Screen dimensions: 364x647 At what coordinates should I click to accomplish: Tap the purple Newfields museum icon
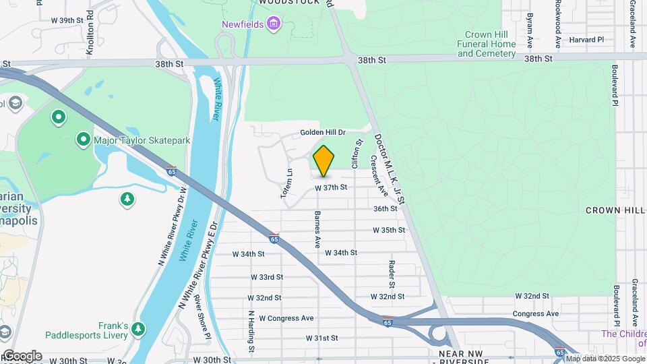273,25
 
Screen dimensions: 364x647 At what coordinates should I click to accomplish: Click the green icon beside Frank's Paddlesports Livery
138,328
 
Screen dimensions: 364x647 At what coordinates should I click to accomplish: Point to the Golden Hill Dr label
323,133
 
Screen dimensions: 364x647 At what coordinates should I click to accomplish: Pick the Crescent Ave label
379,176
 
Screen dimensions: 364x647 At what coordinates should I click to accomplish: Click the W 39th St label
67,20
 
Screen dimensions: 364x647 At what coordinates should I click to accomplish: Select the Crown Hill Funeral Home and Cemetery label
491,44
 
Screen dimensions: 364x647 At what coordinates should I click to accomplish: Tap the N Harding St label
251,332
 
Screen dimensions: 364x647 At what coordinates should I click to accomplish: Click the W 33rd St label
267,277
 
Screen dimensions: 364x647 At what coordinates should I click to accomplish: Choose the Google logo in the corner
22,355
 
